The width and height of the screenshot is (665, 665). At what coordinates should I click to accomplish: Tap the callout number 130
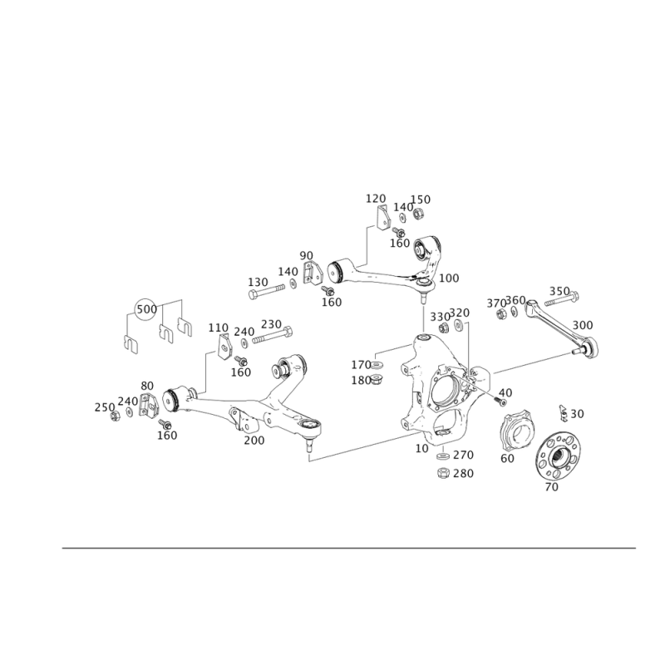tap(259, 281)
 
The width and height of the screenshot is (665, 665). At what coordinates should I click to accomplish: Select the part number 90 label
tap(307, 254)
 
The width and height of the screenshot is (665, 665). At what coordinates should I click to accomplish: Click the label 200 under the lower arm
tap(254, 440)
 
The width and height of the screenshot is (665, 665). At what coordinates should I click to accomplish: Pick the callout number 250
tap(105, 406)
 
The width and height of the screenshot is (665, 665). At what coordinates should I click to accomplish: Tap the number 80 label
tap(147, 386)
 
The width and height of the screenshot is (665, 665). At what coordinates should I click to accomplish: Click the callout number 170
tap(360, 364)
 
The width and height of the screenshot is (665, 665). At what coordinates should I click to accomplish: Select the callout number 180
tap(360, 379)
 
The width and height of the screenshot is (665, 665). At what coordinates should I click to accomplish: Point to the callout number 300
tap(582, 323)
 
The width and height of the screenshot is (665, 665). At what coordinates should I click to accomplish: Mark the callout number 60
tap(507, 458)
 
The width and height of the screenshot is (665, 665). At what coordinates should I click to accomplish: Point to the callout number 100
tap(400, 242)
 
